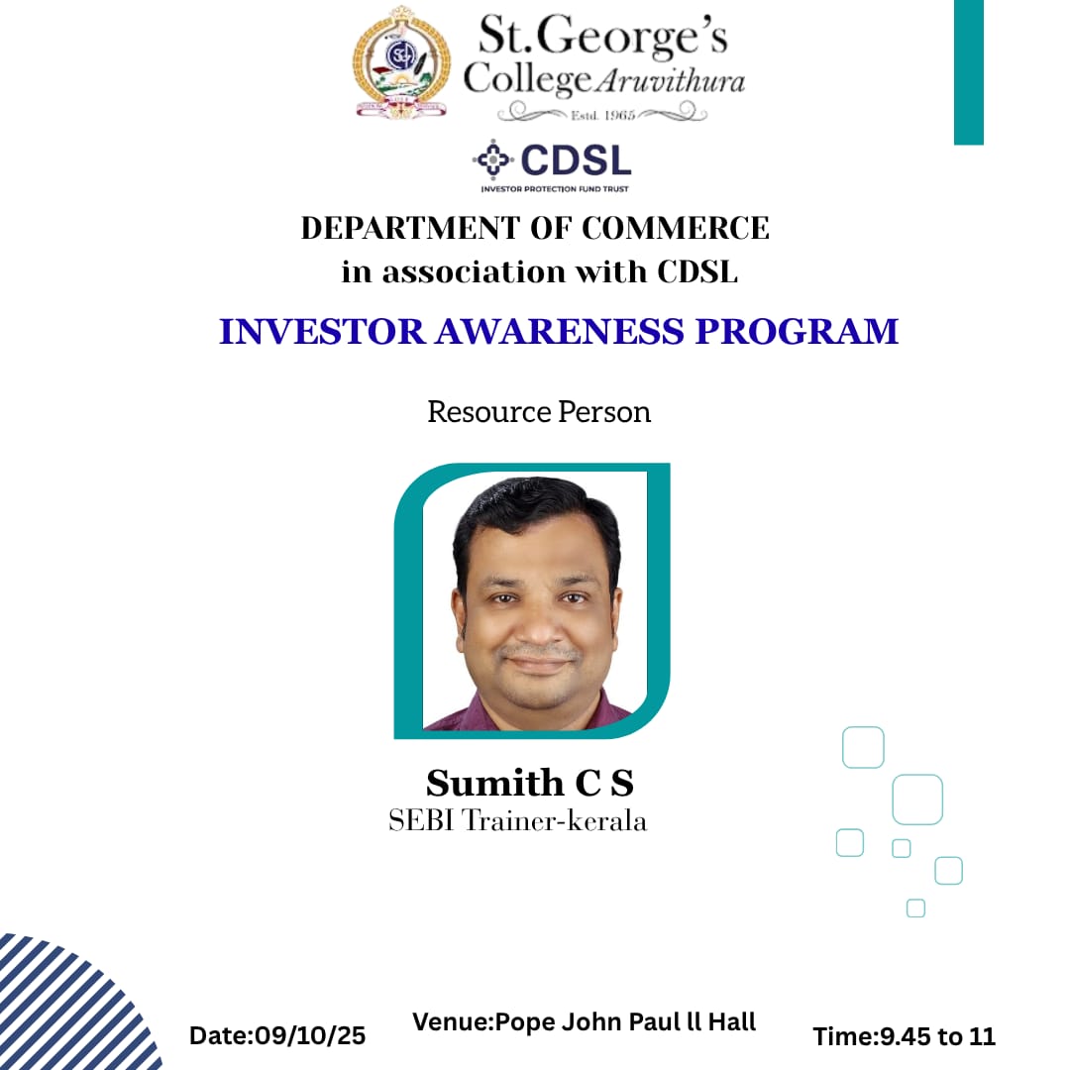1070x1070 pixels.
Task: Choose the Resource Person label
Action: [539, 412]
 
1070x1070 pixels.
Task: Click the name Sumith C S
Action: [530, 783]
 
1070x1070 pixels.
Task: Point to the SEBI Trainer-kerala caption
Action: [518, 821]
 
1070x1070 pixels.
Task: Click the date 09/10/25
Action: [310, 1036]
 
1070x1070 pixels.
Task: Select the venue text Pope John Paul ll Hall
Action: [623, 1021]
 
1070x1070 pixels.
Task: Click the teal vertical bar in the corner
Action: [968, 71]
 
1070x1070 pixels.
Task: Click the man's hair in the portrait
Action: [535, 510]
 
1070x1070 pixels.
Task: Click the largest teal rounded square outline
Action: [917, 800]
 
